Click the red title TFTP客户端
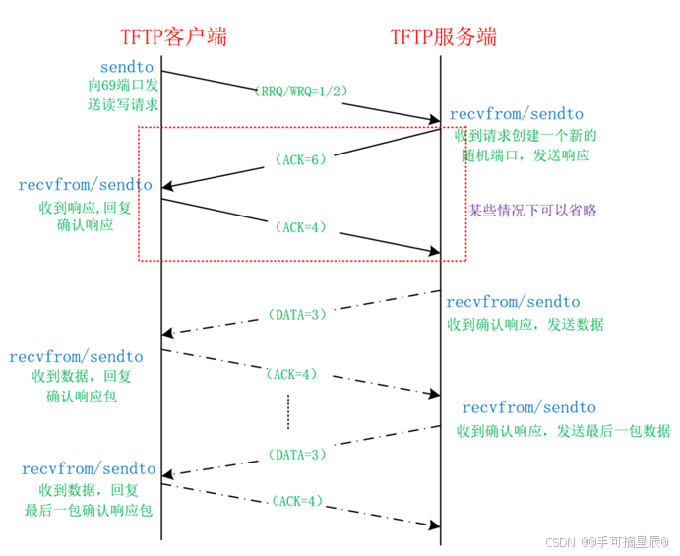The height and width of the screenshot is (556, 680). [x=173, y=37]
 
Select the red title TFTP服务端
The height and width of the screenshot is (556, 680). [x=443, y=37]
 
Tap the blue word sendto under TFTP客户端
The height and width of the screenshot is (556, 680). [x=128, y=66]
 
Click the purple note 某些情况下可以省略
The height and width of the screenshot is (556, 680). [x=531, y=210]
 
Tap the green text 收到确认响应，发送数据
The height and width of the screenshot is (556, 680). [x=525, y=324]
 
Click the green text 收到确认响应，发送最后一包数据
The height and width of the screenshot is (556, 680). [x=564, y=431]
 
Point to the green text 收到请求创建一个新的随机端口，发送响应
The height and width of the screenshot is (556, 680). [x=529, y=145]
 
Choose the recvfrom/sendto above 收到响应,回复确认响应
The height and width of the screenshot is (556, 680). [x=85, y=185]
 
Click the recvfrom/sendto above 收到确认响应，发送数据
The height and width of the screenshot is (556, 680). [x=513, y=302]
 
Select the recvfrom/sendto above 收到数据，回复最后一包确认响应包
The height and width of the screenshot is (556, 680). [x=89, y=469]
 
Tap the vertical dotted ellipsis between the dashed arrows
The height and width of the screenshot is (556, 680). [x=288, y=411]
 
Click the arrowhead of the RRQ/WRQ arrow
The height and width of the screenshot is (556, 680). [x=433, y=120]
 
